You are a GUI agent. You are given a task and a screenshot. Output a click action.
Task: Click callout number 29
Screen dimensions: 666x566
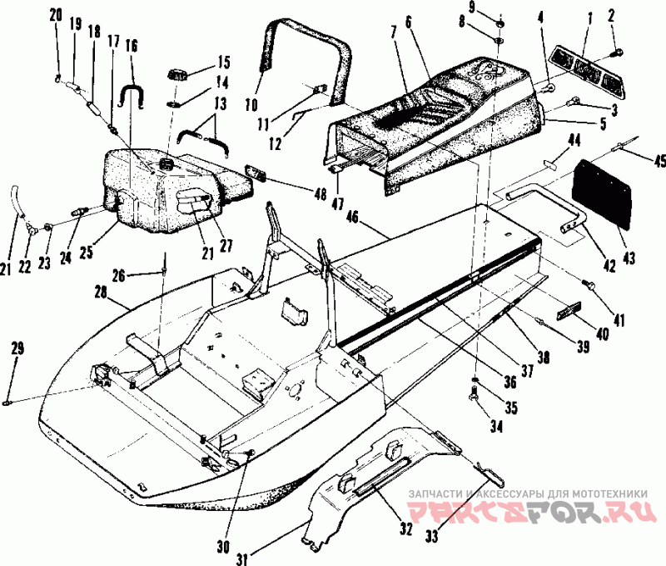(17, 348)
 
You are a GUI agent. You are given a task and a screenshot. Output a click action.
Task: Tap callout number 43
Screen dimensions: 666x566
(629, 258)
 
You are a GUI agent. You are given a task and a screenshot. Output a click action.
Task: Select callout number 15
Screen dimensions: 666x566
(222, 63)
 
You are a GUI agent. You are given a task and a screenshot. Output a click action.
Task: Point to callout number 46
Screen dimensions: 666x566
(351, 218)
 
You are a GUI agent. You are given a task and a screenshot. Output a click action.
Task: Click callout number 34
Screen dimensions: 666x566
(495, 426)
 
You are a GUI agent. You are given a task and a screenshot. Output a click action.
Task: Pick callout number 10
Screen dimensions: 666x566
(252, 103)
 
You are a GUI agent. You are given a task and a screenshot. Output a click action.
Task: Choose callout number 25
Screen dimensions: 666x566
(87, 252)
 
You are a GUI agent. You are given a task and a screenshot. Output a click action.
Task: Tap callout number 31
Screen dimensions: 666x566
(241, 558)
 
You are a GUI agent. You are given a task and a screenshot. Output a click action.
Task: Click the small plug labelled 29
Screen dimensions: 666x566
(7, 402)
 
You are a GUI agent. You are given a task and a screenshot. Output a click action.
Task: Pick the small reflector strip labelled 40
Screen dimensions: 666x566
(571, 311)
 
